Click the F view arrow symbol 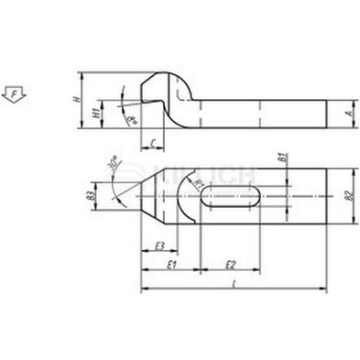[x=14, y=92]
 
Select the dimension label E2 [x=231, y=264]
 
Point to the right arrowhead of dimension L [x=323, y=291]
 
